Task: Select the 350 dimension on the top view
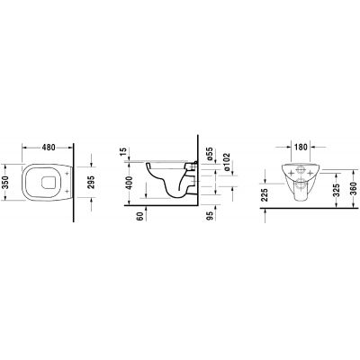(6, 184)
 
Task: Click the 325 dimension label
(336, 190)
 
